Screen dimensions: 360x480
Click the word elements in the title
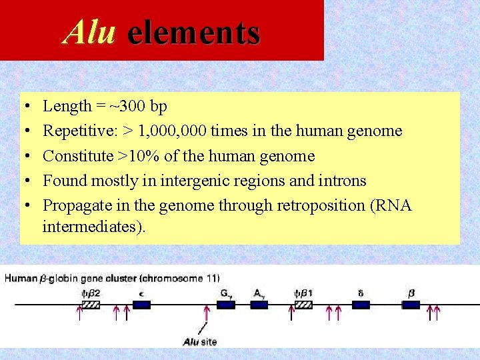tap(193, 32)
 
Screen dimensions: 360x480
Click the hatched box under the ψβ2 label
tap(90, 305)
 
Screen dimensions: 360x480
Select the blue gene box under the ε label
tap(141, 305)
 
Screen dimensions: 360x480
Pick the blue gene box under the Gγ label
tap(225, 305)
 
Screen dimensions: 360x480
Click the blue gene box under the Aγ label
tap(259, 305)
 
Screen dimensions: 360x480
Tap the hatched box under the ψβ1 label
tap(303, 305)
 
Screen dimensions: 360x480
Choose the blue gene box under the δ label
tap(361, 305)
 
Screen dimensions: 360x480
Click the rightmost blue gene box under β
tap(411, 305)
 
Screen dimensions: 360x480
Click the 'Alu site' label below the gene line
tap(200, 342)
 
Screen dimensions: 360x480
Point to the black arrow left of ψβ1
tap(292, 313)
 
